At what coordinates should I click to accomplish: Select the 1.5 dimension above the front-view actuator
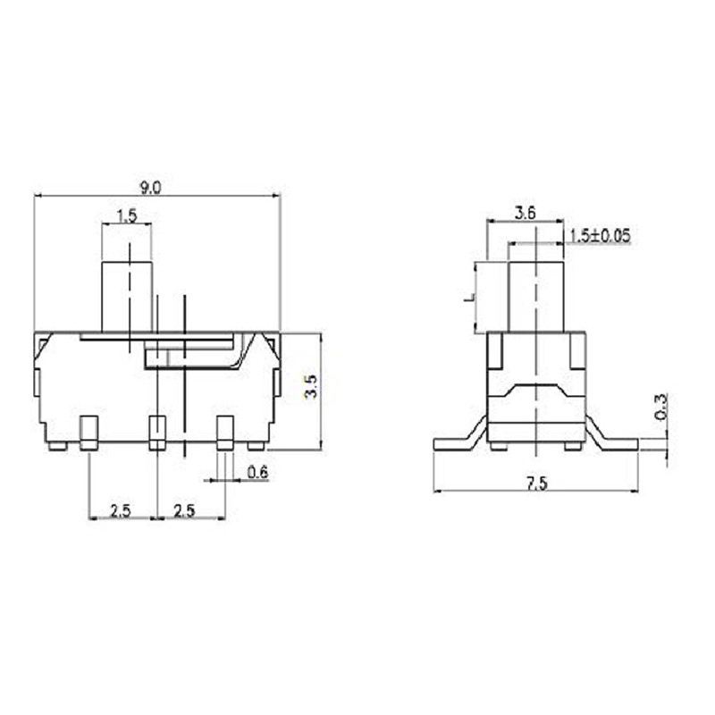[126, 215]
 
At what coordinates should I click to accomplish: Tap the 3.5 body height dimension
[309, 386]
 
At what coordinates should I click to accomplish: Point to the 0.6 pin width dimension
[257, 474]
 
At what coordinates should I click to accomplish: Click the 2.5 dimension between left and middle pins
[122, 510]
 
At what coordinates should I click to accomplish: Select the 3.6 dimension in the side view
[526, 212]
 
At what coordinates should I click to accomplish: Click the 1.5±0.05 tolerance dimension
[600, 235]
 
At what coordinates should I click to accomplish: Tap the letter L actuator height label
[467, 298]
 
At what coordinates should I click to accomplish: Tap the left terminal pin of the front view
[88, 432]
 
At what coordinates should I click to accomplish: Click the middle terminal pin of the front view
[157, 432]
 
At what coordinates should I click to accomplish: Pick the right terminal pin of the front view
[225, 432]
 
